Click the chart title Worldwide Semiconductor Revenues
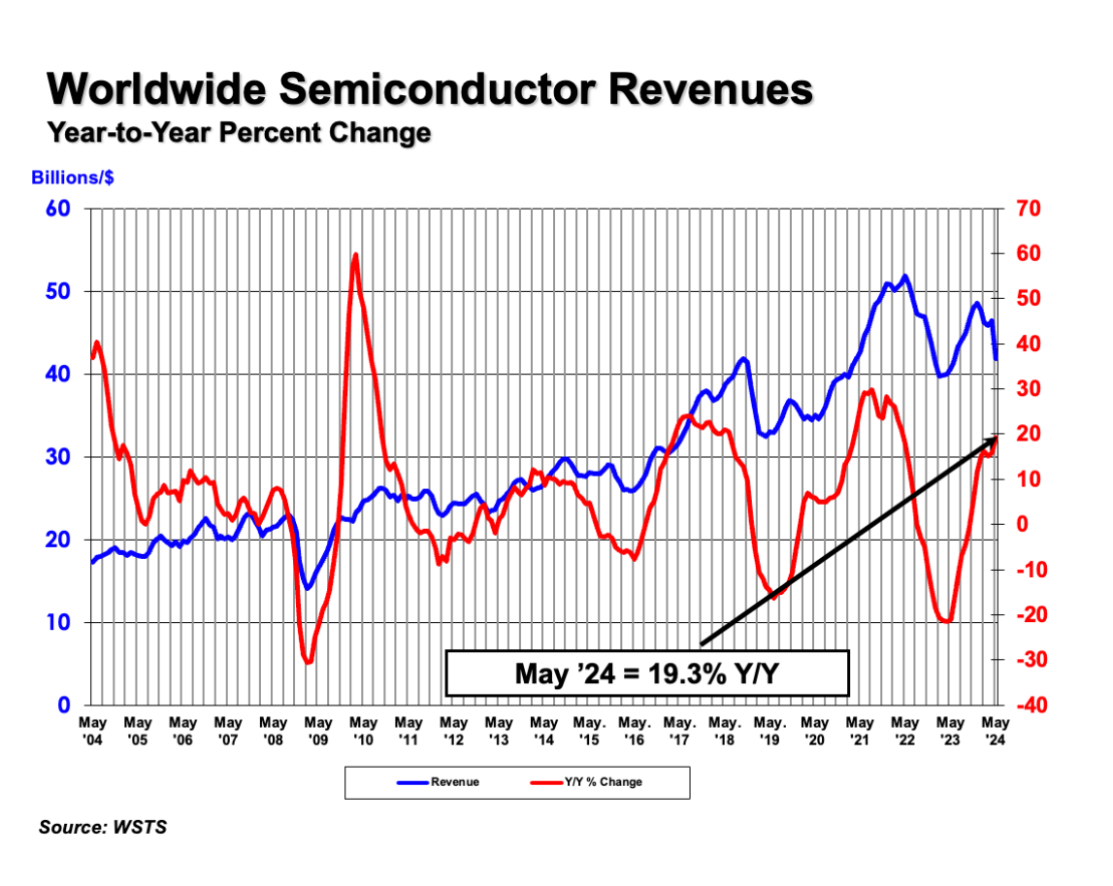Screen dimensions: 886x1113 (x=430, y=89)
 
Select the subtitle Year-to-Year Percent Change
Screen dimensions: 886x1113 (x=239, y=132)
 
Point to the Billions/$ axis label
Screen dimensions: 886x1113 (x=73, y=178)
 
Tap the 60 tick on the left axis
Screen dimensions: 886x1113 (x=57, y=209)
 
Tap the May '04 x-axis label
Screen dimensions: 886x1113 (x=92, y=730)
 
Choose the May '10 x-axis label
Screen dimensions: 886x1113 (x=364, y=730)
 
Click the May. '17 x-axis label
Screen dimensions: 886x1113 (x=679, y=730)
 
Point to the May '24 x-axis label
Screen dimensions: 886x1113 (x=996, y=730)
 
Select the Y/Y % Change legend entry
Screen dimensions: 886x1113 (x=602, y=781)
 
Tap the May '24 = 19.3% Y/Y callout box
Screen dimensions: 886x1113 (x=647, y=673)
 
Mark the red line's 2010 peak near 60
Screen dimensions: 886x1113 (x=355, y=256)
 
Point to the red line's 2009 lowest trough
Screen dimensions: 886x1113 (x=309, y=662)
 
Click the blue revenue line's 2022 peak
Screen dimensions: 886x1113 (x=905, y=277)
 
